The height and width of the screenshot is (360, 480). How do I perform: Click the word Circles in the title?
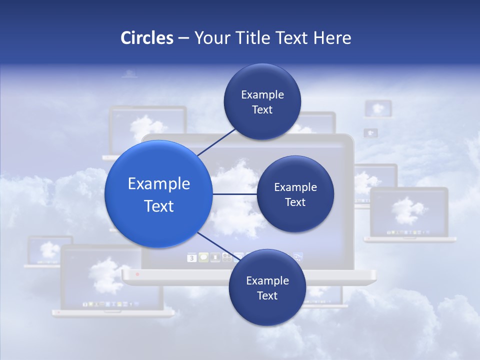tap(147, 38)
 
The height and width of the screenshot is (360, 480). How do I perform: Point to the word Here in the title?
tap(332, 38)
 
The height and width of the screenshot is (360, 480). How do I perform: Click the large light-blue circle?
tap(158, 194)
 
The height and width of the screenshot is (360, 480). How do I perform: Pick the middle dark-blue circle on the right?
tap(295, 194)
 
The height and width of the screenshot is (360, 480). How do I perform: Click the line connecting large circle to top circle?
tap(216, 142)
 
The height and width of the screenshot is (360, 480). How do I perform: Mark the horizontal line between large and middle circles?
tap(235, 194)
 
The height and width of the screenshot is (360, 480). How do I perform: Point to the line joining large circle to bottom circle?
tap(215, 245)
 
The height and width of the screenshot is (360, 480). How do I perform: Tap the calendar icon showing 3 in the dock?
tap(191, 258)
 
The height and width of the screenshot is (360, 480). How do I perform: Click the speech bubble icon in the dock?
tap(203, 257)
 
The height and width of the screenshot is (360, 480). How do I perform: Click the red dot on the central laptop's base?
tap(137, 274)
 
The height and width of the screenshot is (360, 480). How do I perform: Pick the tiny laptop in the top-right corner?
tap(378, 108)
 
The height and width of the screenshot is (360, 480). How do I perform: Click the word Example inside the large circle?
tap(158, 184)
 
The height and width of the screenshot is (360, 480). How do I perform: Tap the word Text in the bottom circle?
tap(267, 295)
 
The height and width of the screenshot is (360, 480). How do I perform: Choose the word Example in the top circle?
tap(262, 94)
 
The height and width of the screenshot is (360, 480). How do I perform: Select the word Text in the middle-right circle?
tap(295, 202)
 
